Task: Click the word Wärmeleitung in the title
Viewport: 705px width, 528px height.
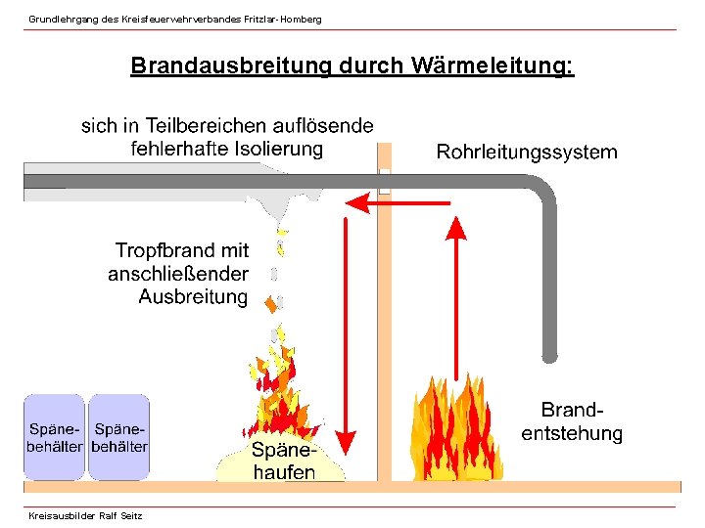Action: (x=493, y=66)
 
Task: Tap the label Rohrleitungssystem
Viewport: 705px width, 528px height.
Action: (x=526, y=152)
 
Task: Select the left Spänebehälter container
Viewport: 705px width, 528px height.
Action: (x=55, y=437)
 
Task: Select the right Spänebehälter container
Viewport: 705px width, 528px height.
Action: (x=118, y=437)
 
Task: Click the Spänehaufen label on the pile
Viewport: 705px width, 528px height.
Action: (x=283, y=462)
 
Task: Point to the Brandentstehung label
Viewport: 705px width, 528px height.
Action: (x=571, y=421)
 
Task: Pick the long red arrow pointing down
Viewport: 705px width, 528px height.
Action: (x=346, y=332)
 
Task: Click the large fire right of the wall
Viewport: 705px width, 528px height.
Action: (x=460, y=430)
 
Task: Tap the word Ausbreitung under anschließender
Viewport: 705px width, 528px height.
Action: (x=193, y=295)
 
